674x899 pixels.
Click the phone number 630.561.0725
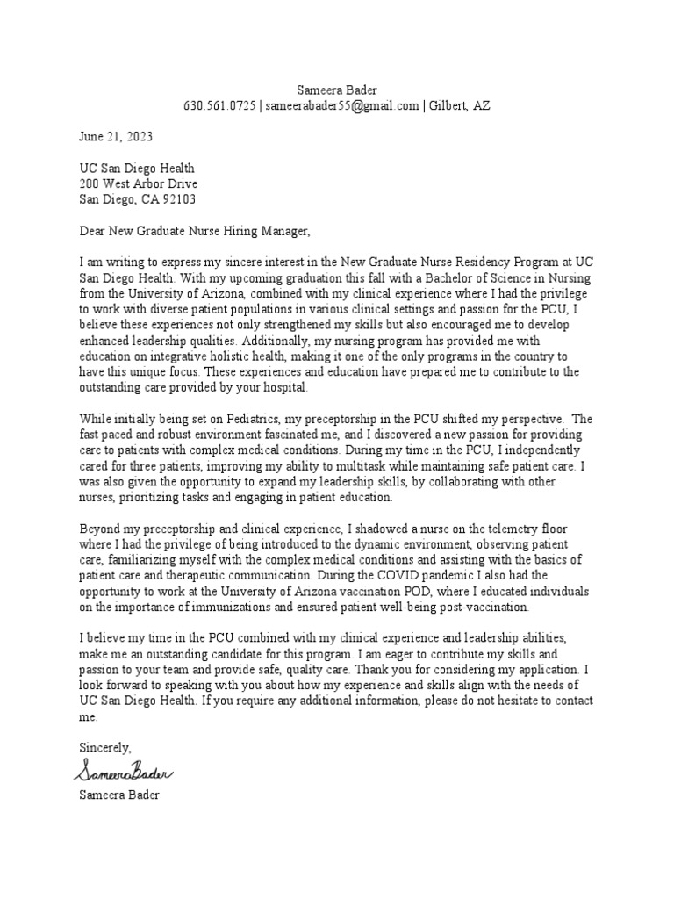(x=219, y=106)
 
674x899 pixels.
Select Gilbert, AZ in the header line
(x=460, y=106)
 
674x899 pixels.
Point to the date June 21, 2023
(x=115, y=137)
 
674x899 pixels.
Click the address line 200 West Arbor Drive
(x=139, y=183)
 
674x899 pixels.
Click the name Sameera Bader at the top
(x=336, y=90)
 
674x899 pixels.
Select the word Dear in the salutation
(x=92, y=231)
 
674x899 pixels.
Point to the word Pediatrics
(x=226, y=419)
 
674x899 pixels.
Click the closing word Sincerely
(x=104, y=747)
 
